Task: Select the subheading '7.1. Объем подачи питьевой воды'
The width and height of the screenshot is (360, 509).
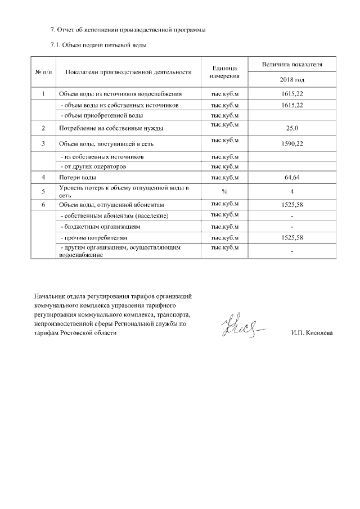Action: [99, 45]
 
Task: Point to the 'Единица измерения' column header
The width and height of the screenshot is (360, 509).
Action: [224, 71]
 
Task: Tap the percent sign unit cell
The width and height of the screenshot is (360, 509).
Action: [224, 191]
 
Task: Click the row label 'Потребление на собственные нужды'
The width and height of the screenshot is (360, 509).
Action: [111, 128]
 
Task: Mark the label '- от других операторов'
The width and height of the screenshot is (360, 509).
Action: [93, 166]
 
